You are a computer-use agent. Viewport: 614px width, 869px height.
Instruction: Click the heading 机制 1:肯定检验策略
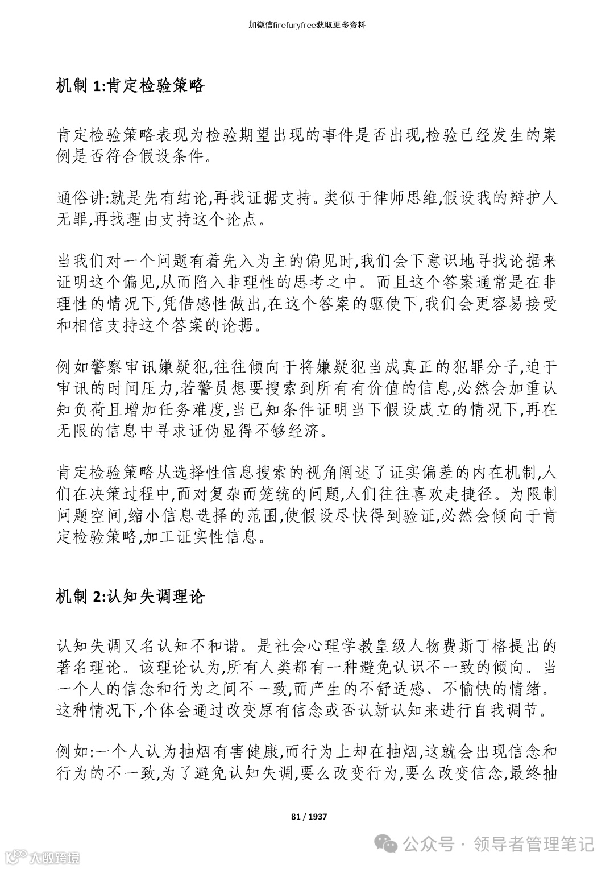click(x=130, y=86)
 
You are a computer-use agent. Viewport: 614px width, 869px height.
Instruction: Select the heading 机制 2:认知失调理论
click(x=130, y=597)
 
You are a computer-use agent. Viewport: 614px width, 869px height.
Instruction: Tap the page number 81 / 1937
click(x=309, y=817)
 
